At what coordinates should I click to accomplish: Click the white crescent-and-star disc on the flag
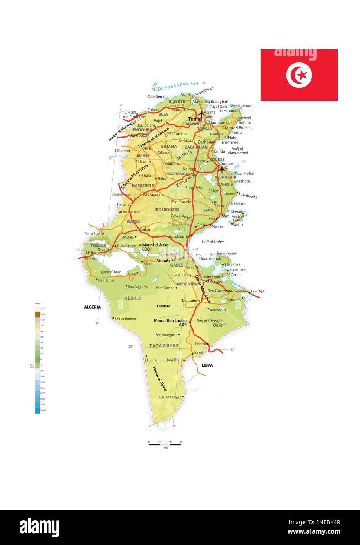299,75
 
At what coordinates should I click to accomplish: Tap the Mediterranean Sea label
175,84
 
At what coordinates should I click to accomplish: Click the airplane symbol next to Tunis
201,113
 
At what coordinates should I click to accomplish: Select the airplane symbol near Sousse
222,169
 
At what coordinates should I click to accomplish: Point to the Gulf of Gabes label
213,242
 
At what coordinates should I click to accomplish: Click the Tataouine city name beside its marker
190,301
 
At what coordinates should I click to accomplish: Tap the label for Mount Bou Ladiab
170,321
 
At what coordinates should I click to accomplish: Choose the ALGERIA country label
92,307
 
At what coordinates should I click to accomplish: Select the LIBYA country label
207,365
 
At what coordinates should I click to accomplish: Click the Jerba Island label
226,253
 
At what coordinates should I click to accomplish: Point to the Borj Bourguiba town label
166,335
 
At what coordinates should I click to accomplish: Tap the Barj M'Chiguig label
170,397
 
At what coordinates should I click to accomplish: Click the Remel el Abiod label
159,378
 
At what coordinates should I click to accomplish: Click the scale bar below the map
165,444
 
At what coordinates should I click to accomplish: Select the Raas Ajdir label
258,291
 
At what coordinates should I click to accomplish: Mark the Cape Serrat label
156,96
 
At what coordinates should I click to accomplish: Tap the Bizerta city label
186,95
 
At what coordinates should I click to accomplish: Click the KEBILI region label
132,298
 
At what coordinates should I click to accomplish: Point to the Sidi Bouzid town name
182,202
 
